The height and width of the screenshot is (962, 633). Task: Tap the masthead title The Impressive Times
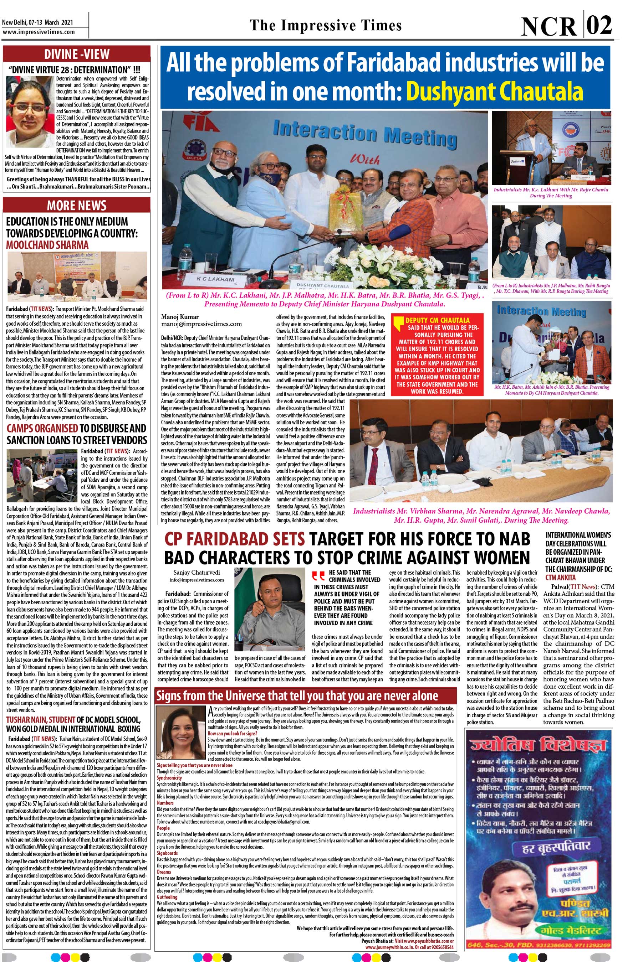click(326, 25)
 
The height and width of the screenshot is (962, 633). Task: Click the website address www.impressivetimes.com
click(39, 32)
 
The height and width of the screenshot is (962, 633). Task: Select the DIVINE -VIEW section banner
click(76, 54)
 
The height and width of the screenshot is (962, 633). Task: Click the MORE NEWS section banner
click(76, 205)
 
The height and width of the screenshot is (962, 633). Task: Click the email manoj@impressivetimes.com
click(201, 324)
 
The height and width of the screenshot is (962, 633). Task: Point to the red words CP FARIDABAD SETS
click(235, 539)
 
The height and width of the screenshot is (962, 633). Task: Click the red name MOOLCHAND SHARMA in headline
click(47, 245)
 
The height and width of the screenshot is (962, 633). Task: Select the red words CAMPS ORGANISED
click(42, 428)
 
